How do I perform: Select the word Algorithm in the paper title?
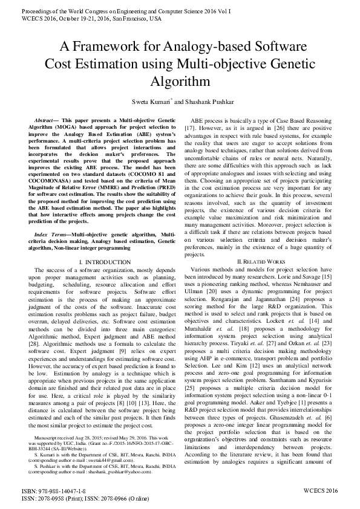(x=180, y=81)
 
